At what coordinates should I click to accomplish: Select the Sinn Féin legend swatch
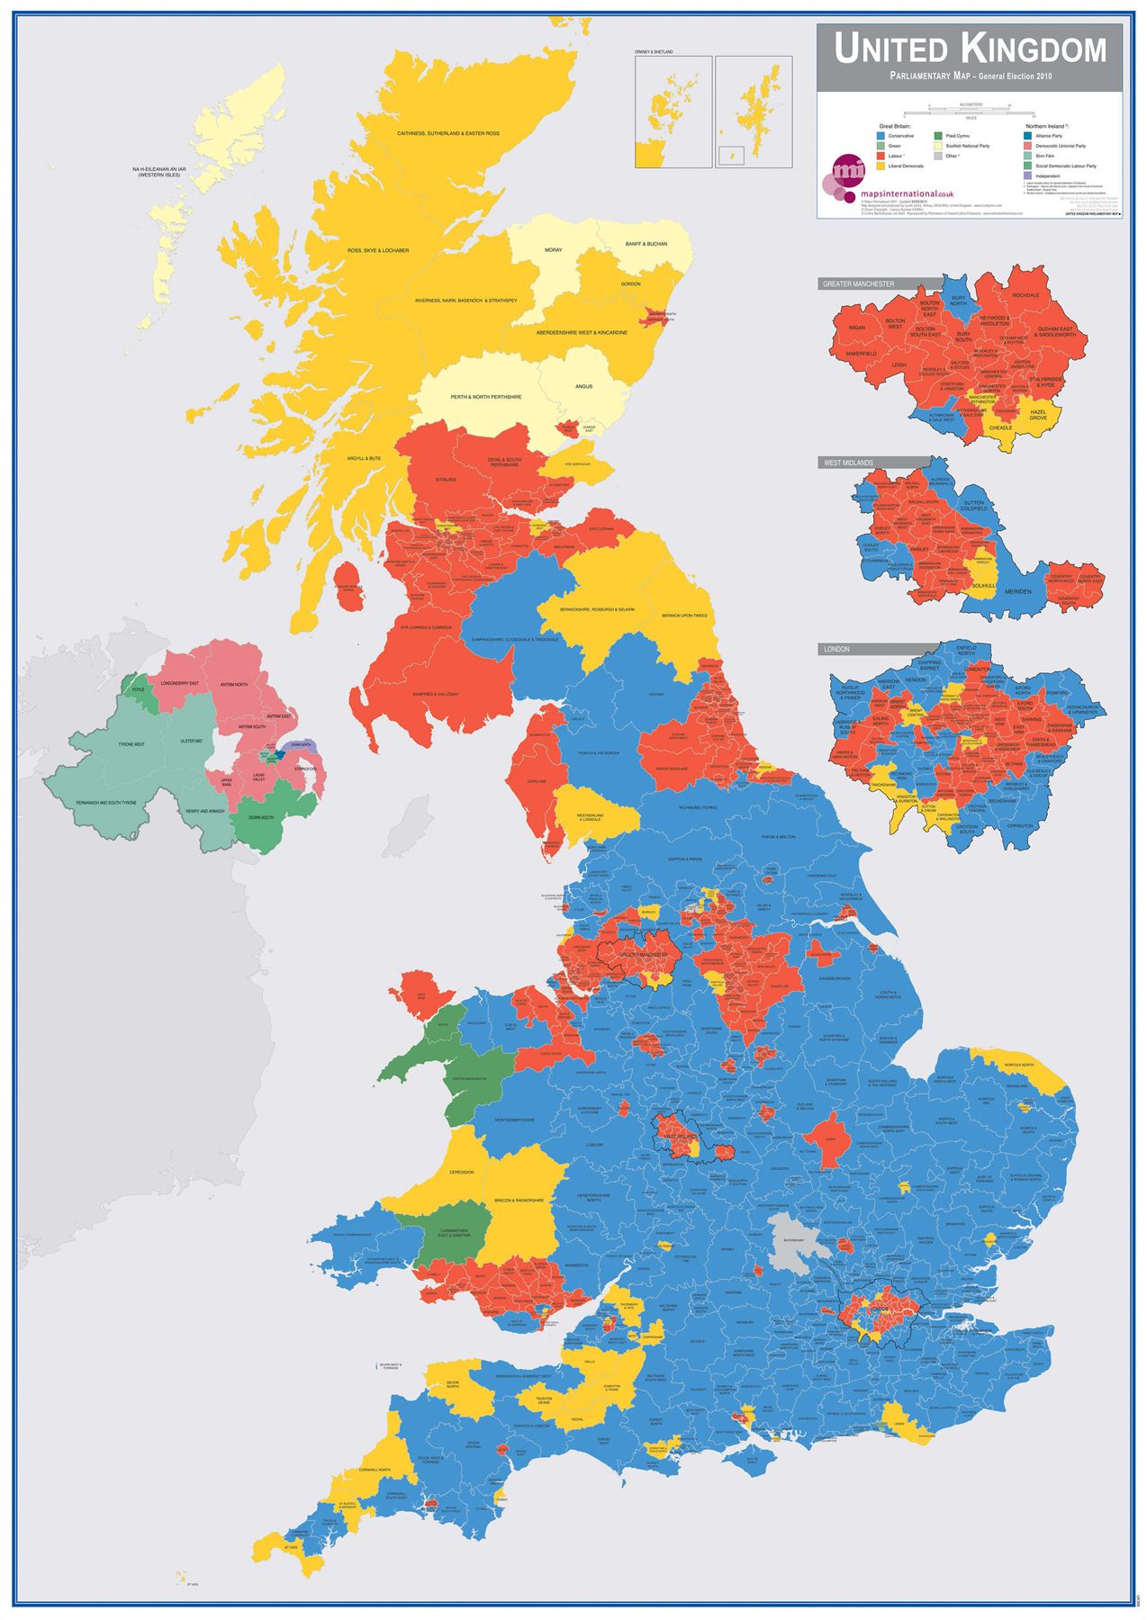click(1028, 156)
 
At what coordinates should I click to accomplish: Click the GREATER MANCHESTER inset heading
click(858, 284)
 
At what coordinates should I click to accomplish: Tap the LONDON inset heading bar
click(836, 649)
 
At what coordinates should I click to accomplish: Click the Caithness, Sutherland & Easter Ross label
click(448, 133)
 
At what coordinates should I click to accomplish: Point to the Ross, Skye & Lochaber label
click(378, 250)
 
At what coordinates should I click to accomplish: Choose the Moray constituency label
click(553, 249)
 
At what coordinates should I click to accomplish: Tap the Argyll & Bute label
click(364, 458)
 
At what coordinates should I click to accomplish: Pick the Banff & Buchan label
click(646, 245)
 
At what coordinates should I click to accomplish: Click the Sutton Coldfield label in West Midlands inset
click(975, 506)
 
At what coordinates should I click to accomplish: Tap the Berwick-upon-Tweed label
click(684, 616)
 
